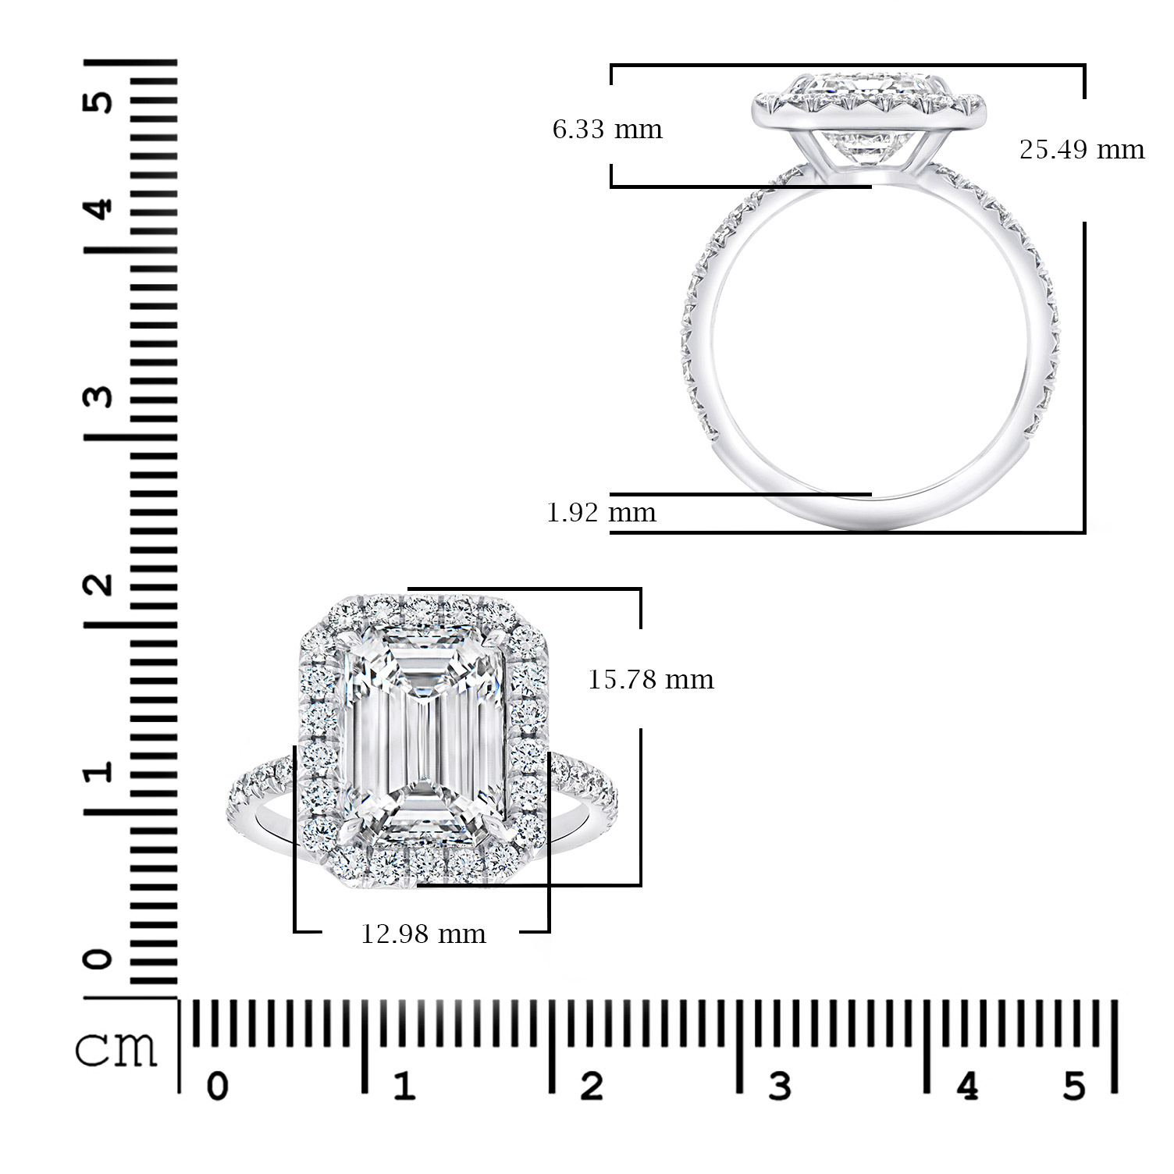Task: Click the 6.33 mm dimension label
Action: [607, 130]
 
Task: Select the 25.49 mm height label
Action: [1081, 150]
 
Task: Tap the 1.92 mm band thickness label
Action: [601, 513]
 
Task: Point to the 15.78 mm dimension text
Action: [650, 680]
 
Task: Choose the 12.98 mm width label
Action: [423, 934]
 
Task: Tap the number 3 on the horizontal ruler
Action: [779, 1086]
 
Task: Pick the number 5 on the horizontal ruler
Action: [1074, 1086]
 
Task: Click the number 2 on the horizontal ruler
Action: [591, 1086]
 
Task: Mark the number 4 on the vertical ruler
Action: [99, 209]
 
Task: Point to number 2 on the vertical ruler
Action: [99, 584]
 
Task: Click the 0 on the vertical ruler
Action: [99, 959]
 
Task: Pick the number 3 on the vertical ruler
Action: [99, 397]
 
